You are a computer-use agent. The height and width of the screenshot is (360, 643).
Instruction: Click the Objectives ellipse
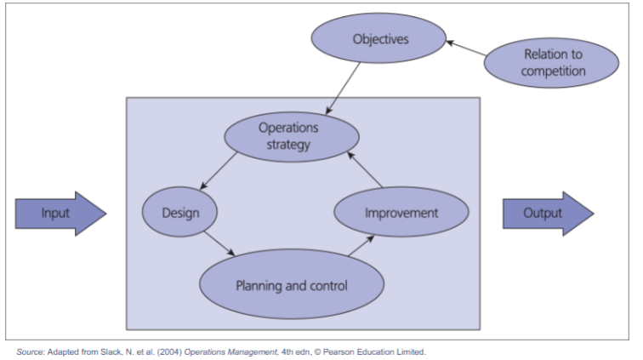pyautogui.click(x=378, y=38)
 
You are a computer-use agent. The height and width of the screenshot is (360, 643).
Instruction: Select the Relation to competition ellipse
pyautogui.click(x=551, y=63)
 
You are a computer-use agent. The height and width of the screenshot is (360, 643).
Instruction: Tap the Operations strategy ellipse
pyautogui.click(x=292, y=137)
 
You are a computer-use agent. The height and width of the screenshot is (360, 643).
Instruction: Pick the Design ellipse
pyautogui.click(x=179, y=212)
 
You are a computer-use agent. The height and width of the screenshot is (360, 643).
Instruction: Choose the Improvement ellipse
pyautogui.click(x=401, y=212)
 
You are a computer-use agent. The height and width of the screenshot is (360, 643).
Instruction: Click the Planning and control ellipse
pyautogui.click(x=292, y=284)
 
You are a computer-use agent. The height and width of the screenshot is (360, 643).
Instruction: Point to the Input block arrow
pyautogui.click(x=60, y=214)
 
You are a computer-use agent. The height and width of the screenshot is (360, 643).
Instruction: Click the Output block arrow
pyautogui.click(x=549, y=214)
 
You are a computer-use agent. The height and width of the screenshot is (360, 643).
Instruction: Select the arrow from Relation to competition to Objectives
pyautogui.click(x=466, y=48)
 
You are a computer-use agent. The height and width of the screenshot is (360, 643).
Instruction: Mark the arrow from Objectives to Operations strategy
pyautogui.click(x=343, y=89)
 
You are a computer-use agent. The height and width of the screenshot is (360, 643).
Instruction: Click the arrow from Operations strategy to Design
pyautogui.click(x=219, y=171)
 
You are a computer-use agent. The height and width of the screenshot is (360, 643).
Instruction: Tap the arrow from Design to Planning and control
pyautogui.click(x=219, y=244)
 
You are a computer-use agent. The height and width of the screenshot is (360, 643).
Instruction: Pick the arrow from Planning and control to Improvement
pyautogui.click(x=361, y=246)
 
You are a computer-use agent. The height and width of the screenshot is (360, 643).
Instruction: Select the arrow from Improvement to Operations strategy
pyautogui.click(x=365, y=170)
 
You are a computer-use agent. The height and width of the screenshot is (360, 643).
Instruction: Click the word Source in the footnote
pyautogui.click(x=30, y=352)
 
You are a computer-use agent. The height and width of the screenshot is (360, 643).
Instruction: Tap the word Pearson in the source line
pyautogui.click(x=339, y=352)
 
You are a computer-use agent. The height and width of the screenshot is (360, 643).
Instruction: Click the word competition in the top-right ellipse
pyautogui.click(x=553, y=71)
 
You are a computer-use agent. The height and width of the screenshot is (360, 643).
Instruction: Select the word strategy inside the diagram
pyautogui.click(x=288, y=145)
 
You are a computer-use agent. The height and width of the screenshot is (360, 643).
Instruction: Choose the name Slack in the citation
pyautogui.click(x=111, y=352)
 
